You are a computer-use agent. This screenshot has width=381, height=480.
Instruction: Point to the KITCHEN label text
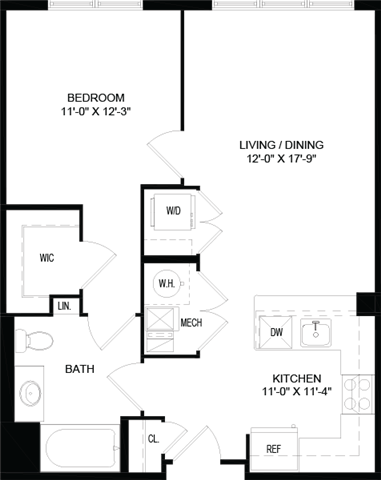[297, 385]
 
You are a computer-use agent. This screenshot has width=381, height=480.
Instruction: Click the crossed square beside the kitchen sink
[276, 330]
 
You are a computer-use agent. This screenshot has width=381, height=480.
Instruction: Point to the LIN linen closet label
[65, 304]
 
